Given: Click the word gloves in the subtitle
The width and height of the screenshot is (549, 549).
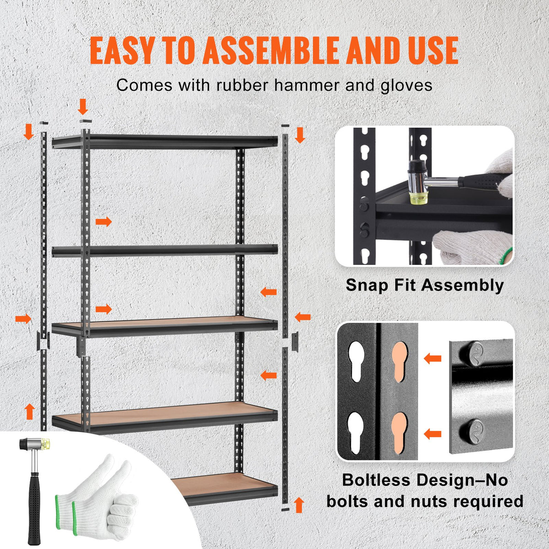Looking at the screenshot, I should click(406, 85).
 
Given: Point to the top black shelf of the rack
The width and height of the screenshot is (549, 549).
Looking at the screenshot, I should click(165, 141).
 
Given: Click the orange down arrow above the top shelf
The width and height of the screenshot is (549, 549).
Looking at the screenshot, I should click(83, 107).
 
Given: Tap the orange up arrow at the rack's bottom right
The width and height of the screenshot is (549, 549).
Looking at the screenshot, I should click(299, 505).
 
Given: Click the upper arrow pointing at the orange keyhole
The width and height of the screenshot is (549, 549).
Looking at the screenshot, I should click(432, 358).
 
